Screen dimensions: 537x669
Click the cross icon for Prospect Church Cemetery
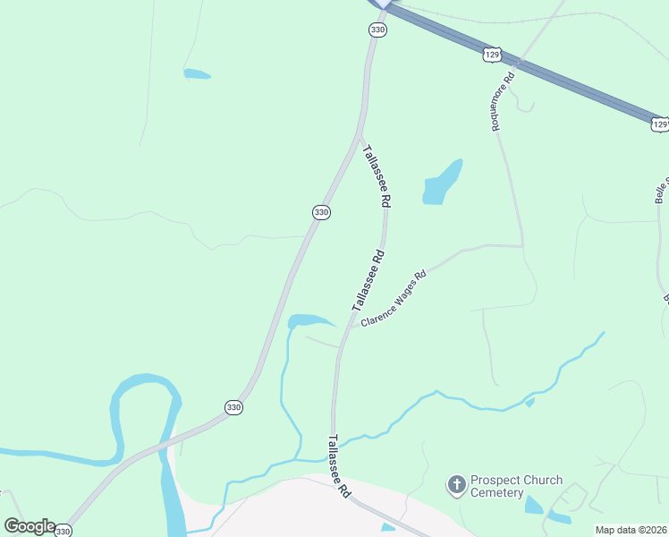456,486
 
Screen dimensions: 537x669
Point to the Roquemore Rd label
503,102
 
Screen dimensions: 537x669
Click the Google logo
30,526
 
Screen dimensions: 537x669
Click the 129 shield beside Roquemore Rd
492,55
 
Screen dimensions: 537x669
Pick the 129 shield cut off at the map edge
659,124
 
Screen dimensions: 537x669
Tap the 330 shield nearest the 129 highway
377,30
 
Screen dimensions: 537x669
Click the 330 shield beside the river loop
233,406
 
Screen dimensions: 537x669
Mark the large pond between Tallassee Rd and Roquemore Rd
443,182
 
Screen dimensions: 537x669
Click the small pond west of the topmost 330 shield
197,73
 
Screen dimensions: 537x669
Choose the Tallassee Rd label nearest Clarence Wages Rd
368,280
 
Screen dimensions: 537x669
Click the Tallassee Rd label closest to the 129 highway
377,177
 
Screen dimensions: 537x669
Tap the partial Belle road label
661,189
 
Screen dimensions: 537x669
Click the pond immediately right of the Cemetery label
533,505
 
